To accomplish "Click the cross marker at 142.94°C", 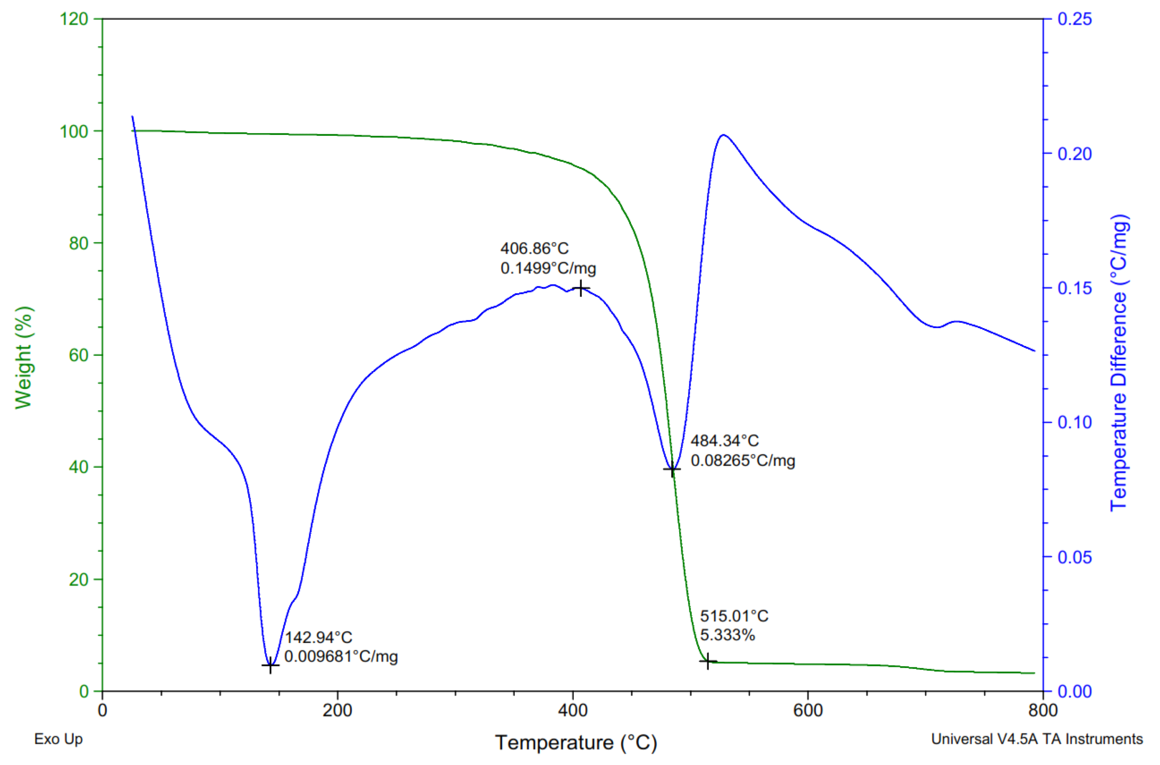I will click(270, 665).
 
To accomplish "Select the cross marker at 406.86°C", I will click(581, 288).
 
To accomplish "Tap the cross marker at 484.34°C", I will click(672, 469).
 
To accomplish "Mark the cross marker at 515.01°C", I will click(707, 662).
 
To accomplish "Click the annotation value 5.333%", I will click(727, 635).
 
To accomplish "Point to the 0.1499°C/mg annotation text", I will click(548, 268).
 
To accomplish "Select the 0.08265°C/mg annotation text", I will click(743, 460).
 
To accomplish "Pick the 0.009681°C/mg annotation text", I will click(341, 657).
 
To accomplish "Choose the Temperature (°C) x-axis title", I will click(576, 742).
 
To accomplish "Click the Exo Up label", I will click(59, 739).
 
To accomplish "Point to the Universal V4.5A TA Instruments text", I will click(1036, 739).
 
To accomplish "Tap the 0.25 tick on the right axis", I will click(1074, 19).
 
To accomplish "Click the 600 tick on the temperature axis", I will click(808, 710).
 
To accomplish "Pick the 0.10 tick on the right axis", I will click(1074, 422).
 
